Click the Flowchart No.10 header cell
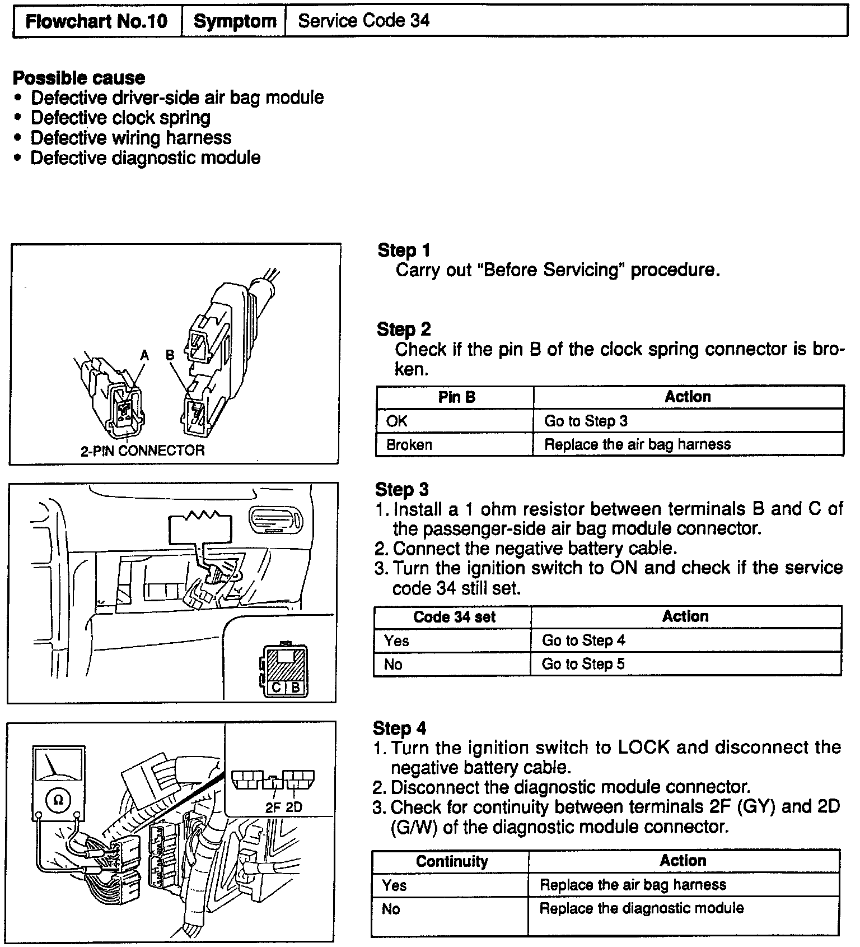point(97,22)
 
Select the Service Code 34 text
point(363,21)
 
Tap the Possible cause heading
point(78,77)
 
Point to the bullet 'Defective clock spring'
point(120,118)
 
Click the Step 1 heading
point(404,250)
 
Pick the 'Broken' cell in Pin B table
point(409,445)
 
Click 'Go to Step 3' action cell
point(586,421)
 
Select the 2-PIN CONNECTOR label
point(142,451)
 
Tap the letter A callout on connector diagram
point(145,355)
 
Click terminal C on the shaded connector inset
point(277,687)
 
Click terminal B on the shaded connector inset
point(296,687)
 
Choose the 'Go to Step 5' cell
point(583,664)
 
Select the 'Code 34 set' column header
point(454,617)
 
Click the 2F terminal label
point(273,807)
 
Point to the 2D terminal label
point(293,807)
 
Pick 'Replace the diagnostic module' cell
point(641,908)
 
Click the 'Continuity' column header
point(451,861)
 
